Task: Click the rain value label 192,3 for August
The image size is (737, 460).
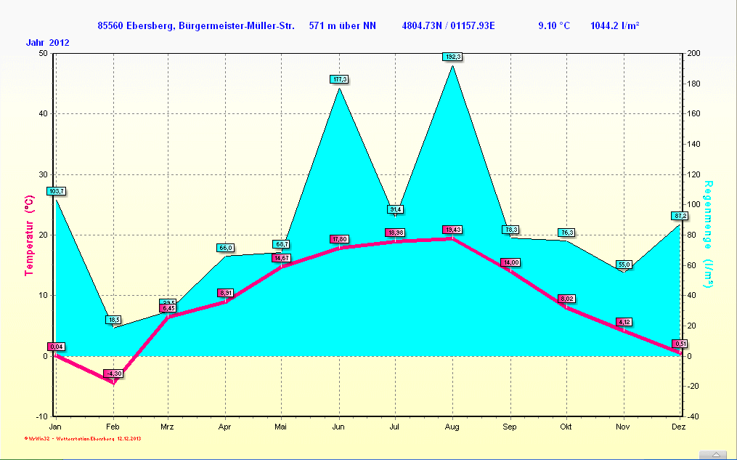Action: click(x=452, y=56)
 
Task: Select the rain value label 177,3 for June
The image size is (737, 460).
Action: click(x=339, y=78)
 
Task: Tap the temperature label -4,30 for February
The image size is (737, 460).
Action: click(x=113, y=374)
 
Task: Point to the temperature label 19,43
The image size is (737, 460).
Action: click(x=452, y=230)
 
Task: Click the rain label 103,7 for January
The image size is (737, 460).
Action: click(x=56, y=190)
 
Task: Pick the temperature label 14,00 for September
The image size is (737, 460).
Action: click(x=510, y=262)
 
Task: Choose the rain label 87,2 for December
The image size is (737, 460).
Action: click(x=680, y=216)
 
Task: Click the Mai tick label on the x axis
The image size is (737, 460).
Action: click(x=281, y=427)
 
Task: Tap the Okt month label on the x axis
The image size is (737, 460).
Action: click(x=566, y=427)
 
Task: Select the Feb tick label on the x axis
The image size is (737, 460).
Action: click(x=113, y=427)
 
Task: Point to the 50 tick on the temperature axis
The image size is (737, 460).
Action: click(x=43, y=53)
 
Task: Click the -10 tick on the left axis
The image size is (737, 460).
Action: click(x=41, y=416)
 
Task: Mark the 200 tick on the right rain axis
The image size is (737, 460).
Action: click(x=693, y=53)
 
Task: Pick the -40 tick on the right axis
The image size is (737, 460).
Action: click(x=693, y=416)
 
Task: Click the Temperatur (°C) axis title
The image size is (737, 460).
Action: click(x=30, y=235)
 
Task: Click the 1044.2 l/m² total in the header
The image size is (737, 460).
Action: click(x=614, y=26)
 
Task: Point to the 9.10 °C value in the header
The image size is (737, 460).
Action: click(x=553, y=26)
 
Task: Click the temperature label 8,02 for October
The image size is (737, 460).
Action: click(x=566, y=299)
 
